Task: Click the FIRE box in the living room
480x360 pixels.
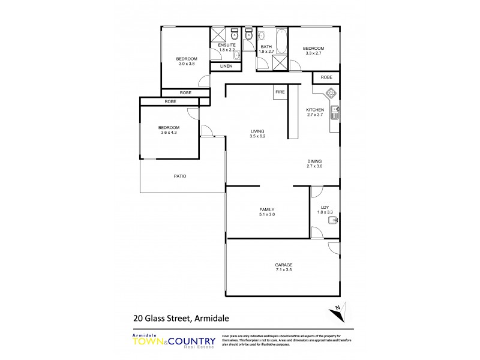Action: [280, 92]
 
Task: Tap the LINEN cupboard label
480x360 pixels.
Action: [226, 66]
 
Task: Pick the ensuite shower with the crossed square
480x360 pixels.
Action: [217, 34]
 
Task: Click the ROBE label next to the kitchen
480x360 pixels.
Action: [326, 77]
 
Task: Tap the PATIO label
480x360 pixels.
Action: [180, 176]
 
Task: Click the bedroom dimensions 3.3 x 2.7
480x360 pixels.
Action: [313, 53]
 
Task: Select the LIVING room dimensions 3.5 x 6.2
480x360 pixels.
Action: [258, 137]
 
